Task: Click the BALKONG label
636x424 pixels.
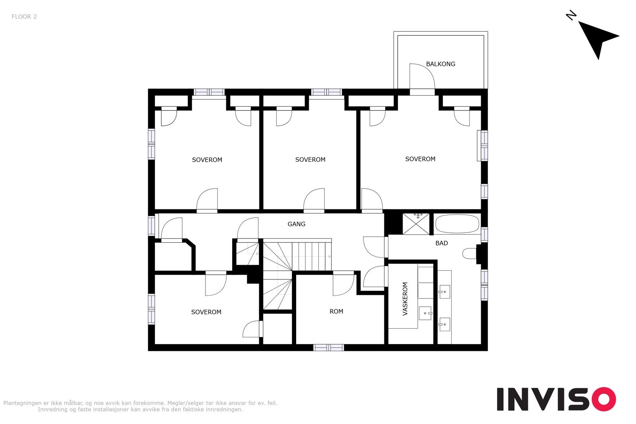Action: click(440, 64)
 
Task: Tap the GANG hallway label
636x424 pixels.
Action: click(297, 224)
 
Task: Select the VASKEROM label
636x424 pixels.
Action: click(405, 299)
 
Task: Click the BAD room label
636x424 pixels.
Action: click(442, 243)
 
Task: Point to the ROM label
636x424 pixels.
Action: click(336, 312)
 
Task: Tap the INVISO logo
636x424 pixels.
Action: click(556, 399)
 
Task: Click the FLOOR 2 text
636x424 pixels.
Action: click(24, 17)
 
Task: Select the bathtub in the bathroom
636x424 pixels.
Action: click(457, 224)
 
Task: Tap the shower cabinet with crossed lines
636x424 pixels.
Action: click(416, 224)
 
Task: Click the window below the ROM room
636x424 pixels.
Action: click(328, 347)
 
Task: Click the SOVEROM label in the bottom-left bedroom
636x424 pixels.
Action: click(206, 312)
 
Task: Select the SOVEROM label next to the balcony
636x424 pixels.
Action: click(420, 159)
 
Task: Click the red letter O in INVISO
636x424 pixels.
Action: click(604, 399)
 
